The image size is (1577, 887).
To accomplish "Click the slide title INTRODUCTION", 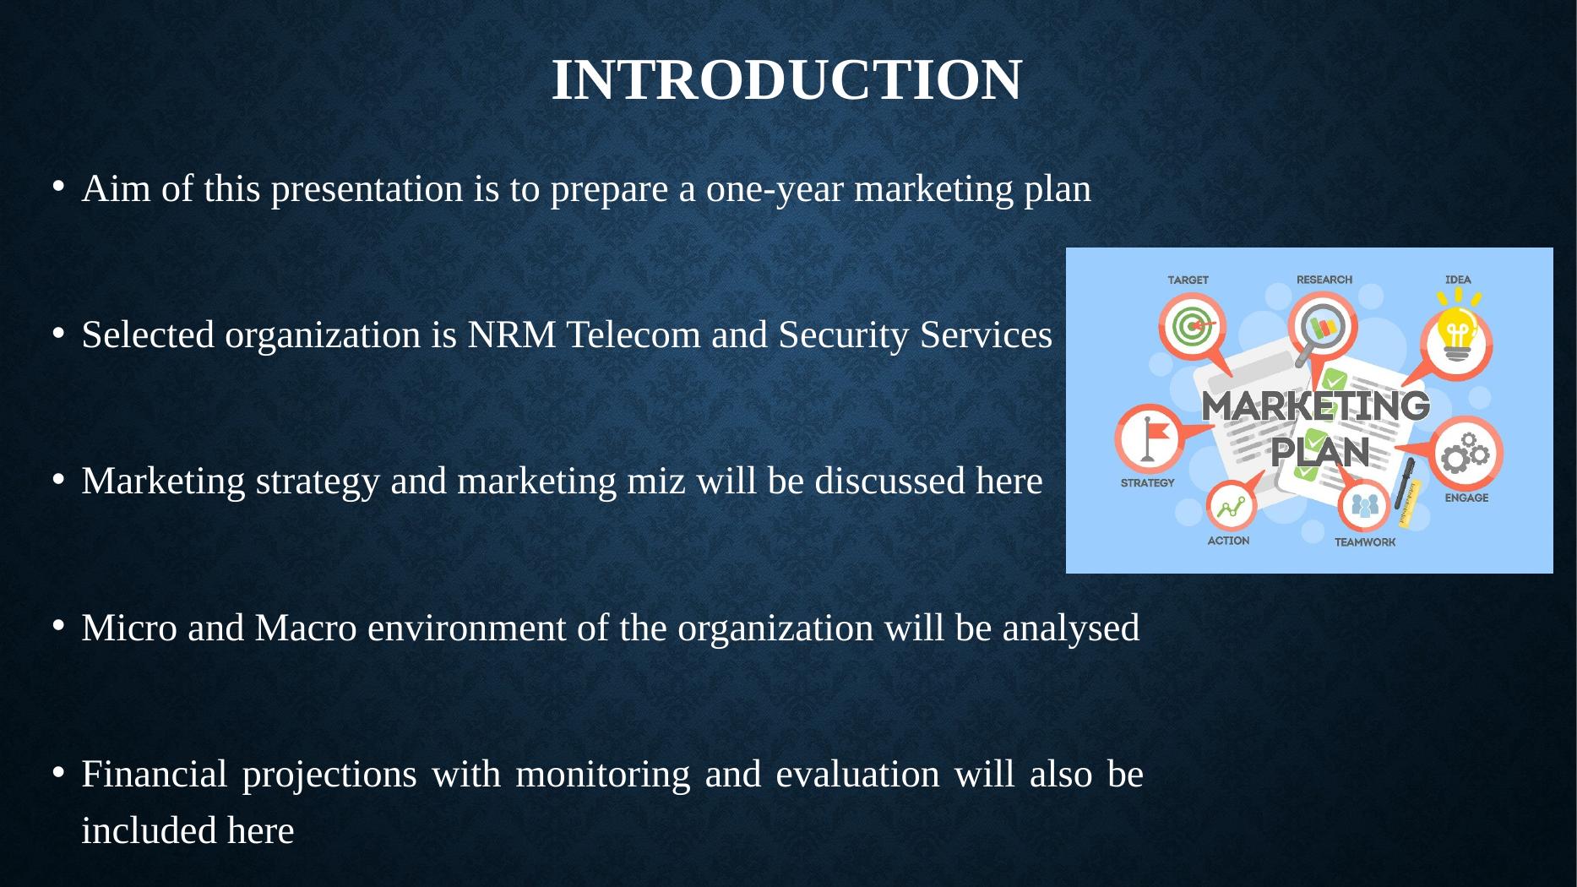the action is (x=786, y=80).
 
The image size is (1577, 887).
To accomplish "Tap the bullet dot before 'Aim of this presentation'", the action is (x=57, y=188).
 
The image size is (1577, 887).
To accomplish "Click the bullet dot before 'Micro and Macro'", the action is (x=57, y=627).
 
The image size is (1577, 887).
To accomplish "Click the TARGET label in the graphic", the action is (x=1188, y=280).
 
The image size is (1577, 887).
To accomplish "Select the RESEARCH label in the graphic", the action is (x=1324, y=280).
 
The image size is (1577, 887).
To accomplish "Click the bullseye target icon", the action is (x=1192, y=327).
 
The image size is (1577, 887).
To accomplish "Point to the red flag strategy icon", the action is (x=1150, y=438).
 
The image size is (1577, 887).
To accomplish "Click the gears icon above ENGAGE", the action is (x=1466, y=453).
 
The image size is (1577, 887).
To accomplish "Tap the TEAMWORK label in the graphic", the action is (x=1365, y=542).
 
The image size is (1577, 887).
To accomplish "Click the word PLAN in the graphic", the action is (x=1319, y=452).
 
